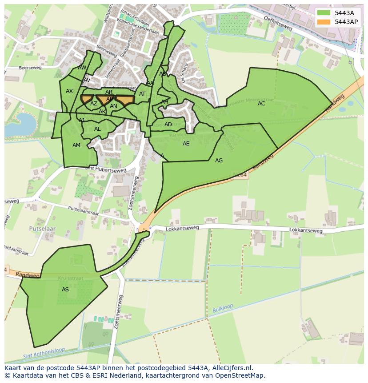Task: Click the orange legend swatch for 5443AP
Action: point(324,21)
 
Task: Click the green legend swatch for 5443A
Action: point(324,12)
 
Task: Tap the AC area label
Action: point(261,104)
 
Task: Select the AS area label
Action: point(65,290)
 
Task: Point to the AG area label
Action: point(219,161)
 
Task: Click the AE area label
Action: point(186,144)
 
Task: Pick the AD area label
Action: point(168,125)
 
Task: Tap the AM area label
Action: point(76,145)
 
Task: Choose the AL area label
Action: point(97,129)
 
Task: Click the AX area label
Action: point(69,91)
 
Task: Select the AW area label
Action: point(82,68)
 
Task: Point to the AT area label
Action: point(142,94)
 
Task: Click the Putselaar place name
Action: point(42,228)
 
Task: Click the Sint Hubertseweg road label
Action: point(106,169)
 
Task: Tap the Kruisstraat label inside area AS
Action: point(68,278)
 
